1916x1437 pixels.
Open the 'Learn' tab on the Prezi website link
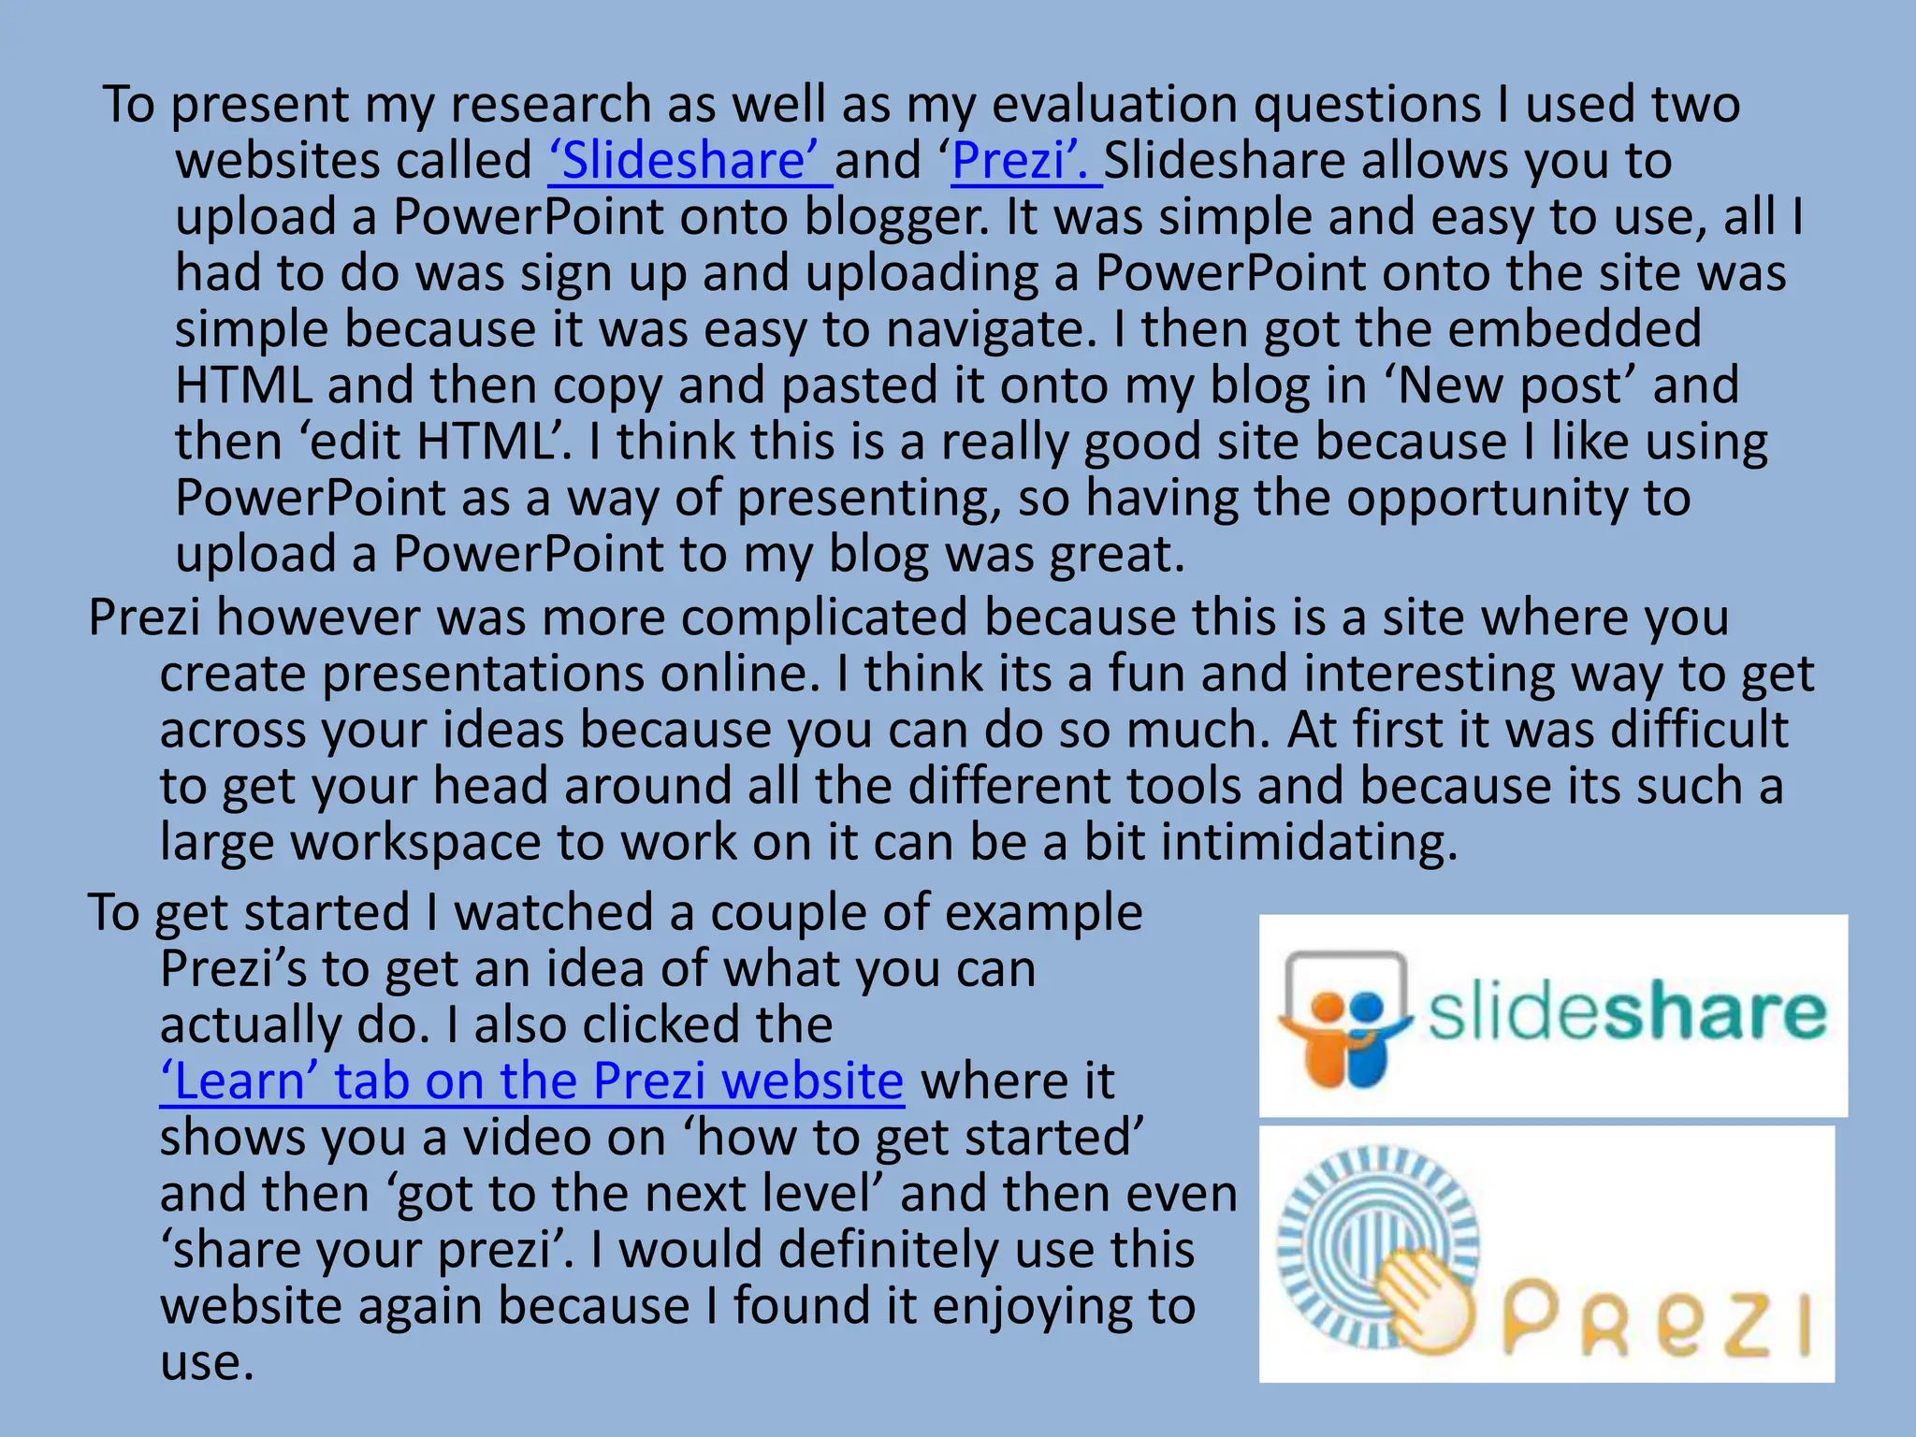pos(531,1081)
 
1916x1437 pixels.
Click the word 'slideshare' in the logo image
pos(1626,1013)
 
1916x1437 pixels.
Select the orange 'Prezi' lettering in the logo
pos(1656,1319)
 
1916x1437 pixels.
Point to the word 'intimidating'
pos(1309,842)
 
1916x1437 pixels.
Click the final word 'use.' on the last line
pos(207,1362)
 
